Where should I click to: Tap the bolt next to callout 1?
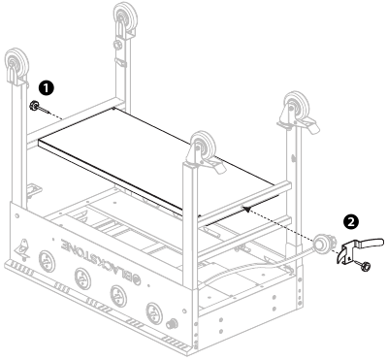pos(34,106)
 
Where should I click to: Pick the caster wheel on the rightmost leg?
pos(295,108)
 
